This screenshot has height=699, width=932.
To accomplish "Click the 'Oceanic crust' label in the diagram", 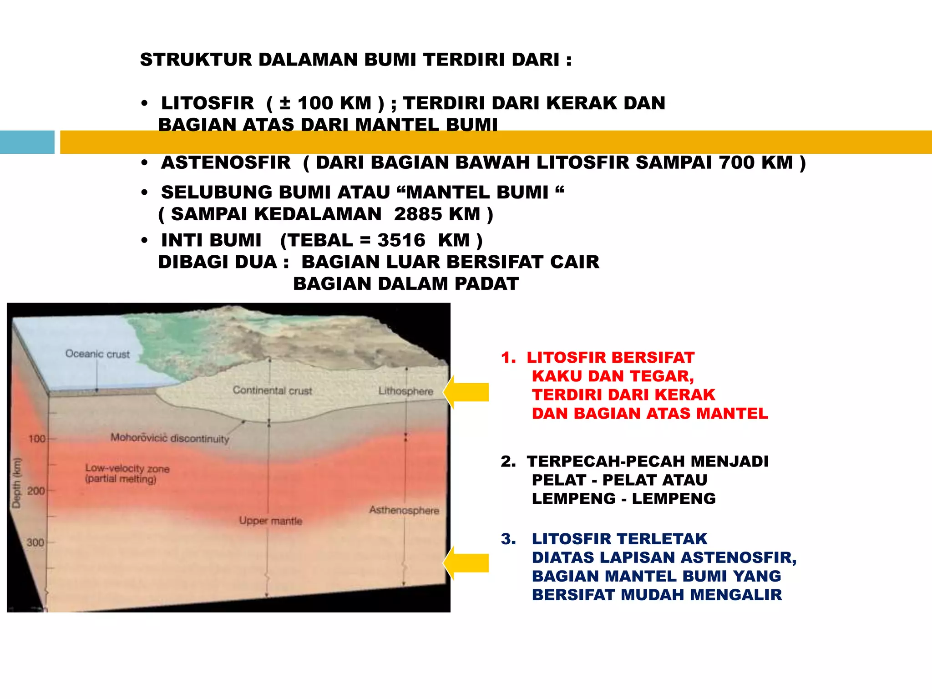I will tap(97, 354).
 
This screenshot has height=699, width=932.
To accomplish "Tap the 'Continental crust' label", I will tap(272, 390).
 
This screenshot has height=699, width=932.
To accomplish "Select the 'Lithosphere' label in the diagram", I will tap(405, 391).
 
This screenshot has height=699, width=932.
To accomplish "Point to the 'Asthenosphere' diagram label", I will tap(404, 510).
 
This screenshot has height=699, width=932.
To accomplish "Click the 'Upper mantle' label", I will tap(271, 521).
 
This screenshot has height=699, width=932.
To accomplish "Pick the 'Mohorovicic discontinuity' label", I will tap(170, 438).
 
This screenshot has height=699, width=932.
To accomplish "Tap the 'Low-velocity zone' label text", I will tap(127, 468).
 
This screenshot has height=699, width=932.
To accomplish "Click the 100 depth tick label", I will tap(37, 439).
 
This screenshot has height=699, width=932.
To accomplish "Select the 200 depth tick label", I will tap(36, 491).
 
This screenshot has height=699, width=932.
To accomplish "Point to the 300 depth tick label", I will tap(35, 542).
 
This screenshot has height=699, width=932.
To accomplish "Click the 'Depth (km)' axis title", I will tap(17, 482).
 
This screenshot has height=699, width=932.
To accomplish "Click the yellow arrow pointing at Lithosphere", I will tap(466, 392).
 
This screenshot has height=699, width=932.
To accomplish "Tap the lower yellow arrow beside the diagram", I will tap(466, 563).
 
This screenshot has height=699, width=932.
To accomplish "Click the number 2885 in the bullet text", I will tap(415, 214).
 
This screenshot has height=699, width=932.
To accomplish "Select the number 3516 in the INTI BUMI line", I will tap(401, 240).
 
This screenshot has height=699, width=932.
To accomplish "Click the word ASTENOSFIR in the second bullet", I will tap(226, 163).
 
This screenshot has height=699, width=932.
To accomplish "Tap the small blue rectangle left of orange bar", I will tap(27, 142).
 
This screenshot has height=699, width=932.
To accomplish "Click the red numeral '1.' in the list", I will tap(508, 358).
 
